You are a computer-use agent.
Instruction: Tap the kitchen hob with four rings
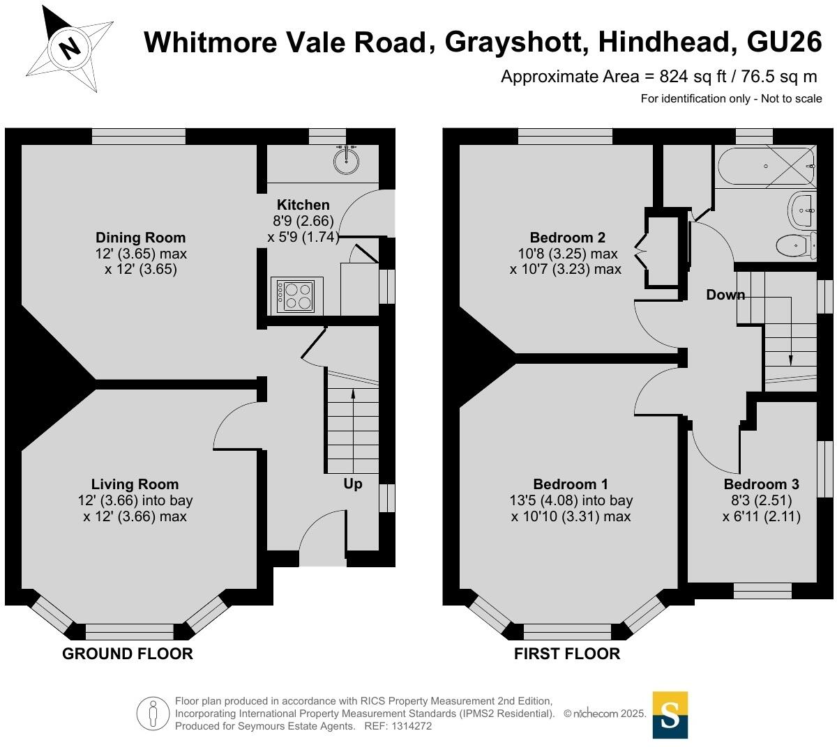(296, 295)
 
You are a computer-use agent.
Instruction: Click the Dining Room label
(141, 238)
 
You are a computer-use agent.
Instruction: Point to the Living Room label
(135, 484)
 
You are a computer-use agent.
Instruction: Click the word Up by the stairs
(353, 484)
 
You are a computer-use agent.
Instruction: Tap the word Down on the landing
(725, 295)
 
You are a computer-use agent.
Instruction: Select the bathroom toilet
(795, 245)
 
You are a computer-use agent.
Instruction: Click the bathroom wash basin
(801, 208)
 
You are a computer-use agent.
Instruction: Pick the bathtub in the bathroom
(765, 167)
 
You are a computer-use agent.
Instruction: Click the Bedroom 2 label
(567, 238)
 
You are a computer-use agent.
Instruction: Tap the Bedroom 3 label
(761, 484)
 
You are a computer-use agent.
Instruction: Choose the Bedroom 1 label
(571, 484)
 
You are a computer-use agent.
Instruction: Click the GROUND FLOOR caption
(128, 654)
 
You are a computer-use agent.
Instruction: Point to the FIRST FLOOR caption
(567, 654)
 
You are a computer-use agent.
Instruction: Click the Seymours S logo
(670, 714)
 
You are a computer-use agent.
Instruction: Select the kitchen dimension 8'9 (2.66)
(303, 221)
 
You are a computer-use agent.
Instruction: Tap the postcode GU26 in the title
(784, 43)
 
